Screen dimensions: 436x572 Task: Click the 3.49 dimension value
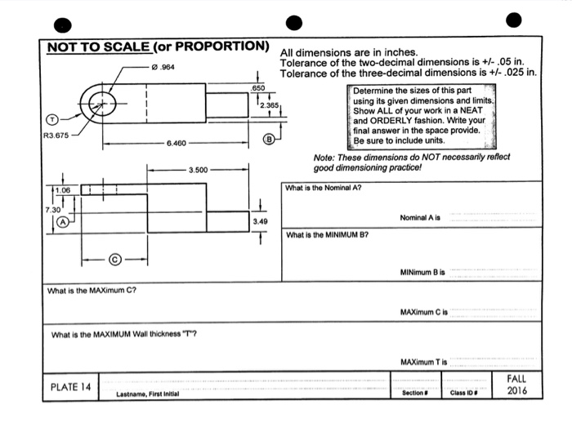260,220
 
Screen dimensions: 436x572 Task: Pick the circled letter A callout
60,220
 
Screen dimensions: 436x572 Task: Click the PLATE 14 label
70,386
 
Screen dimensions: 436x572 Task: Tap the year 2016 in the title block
516,390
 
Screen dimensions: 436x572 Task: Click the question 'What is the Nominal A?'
323,187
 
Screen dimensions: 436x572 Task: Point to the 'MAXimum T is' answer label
422,362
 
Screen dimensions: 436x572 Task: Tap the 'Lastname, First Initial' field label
148,394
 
